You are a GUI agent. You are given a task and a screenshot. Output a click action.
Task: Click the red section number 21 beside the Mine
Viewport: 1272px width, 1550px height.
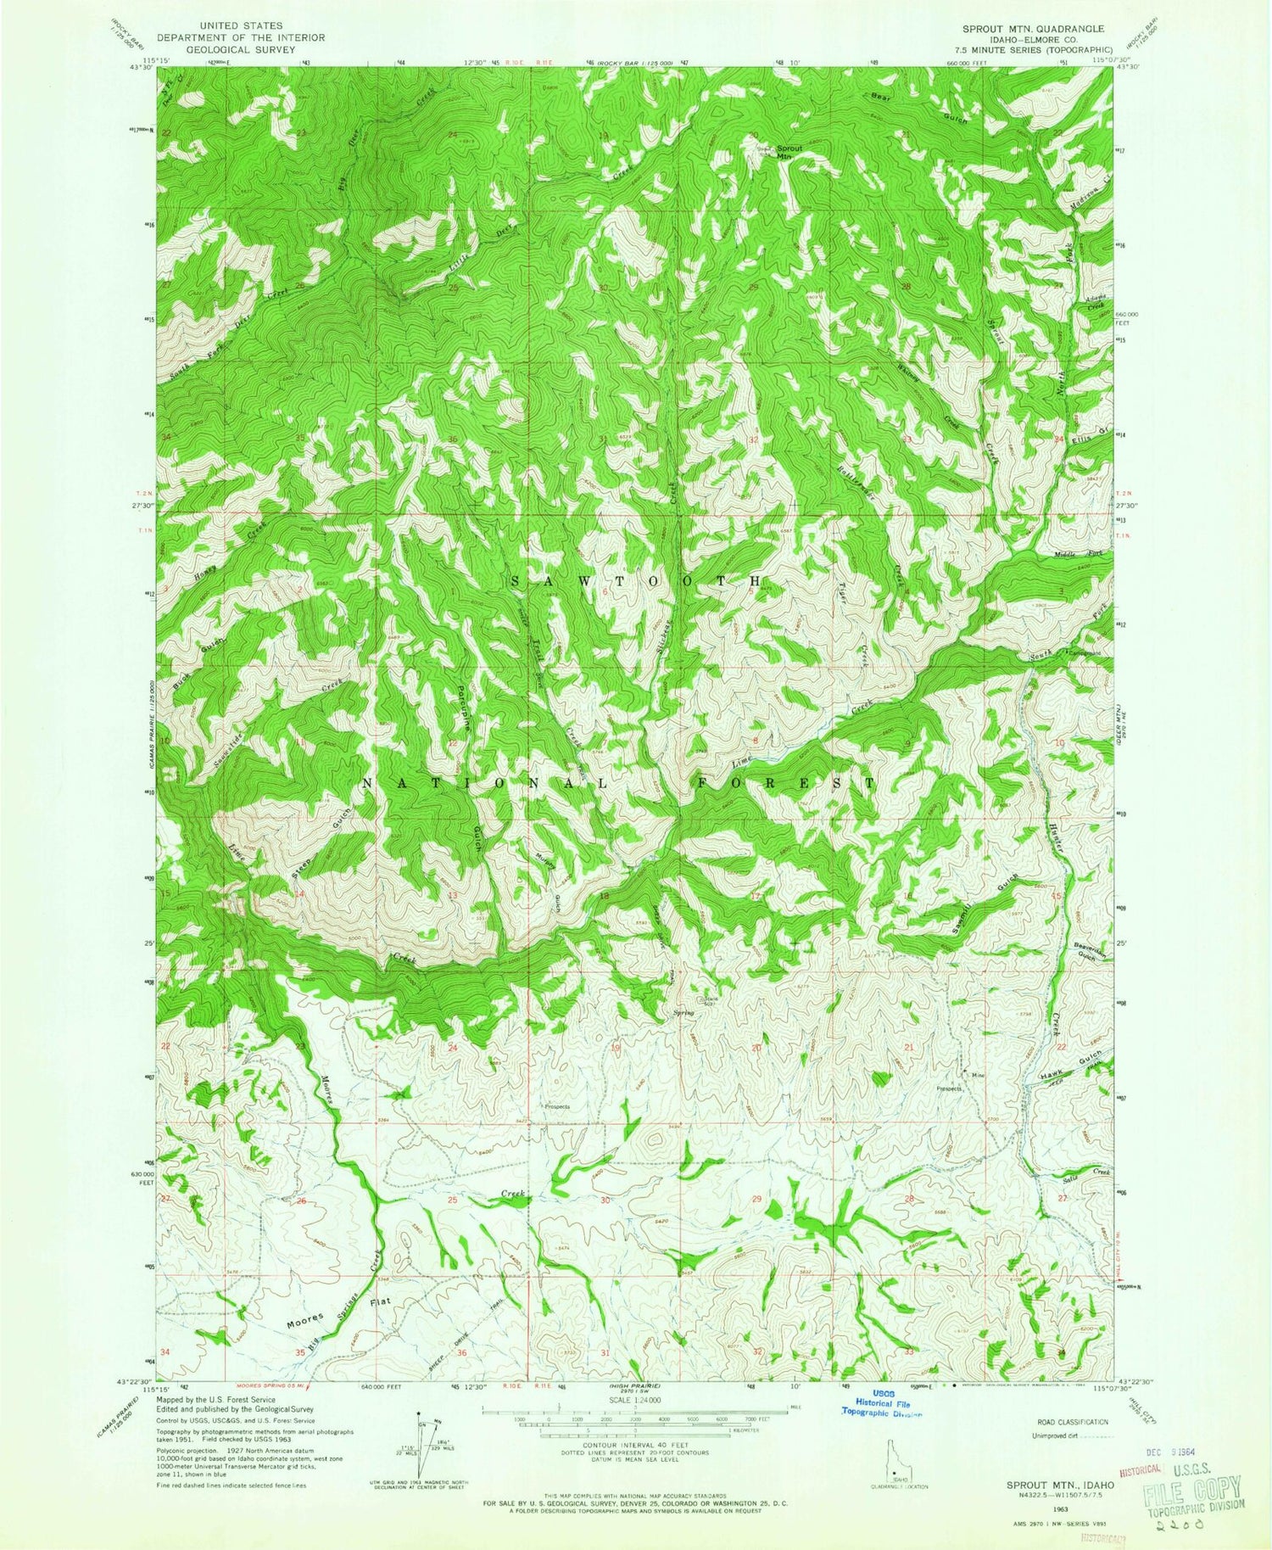(x=910, y=1049)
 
